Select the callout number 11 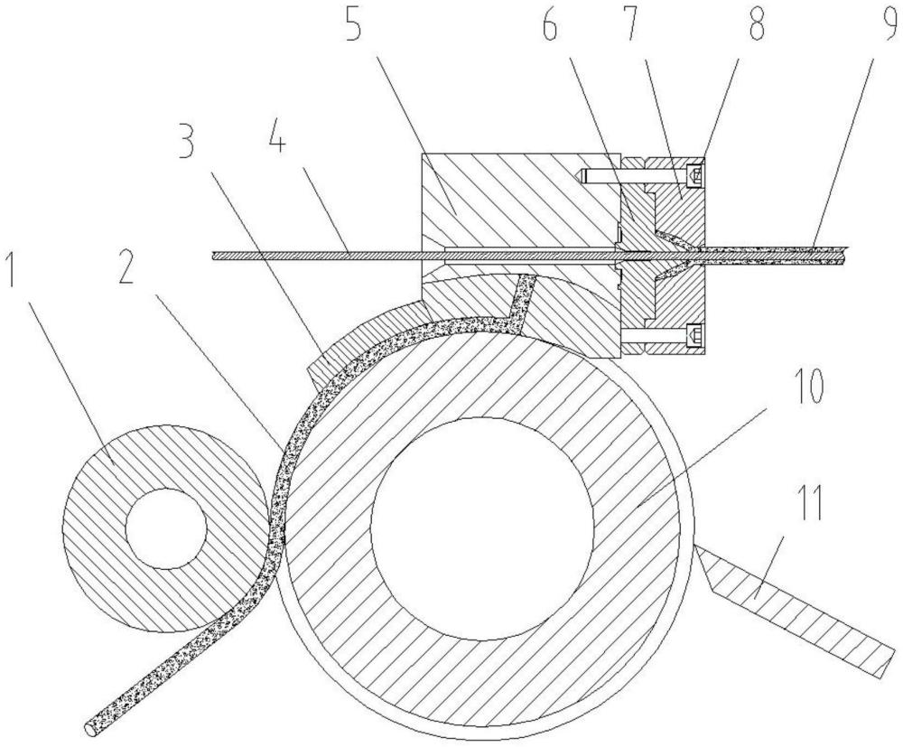809,507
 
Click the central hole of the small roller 165,529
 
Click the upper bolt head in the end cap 695,171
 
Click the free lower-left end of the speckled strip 91,724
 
